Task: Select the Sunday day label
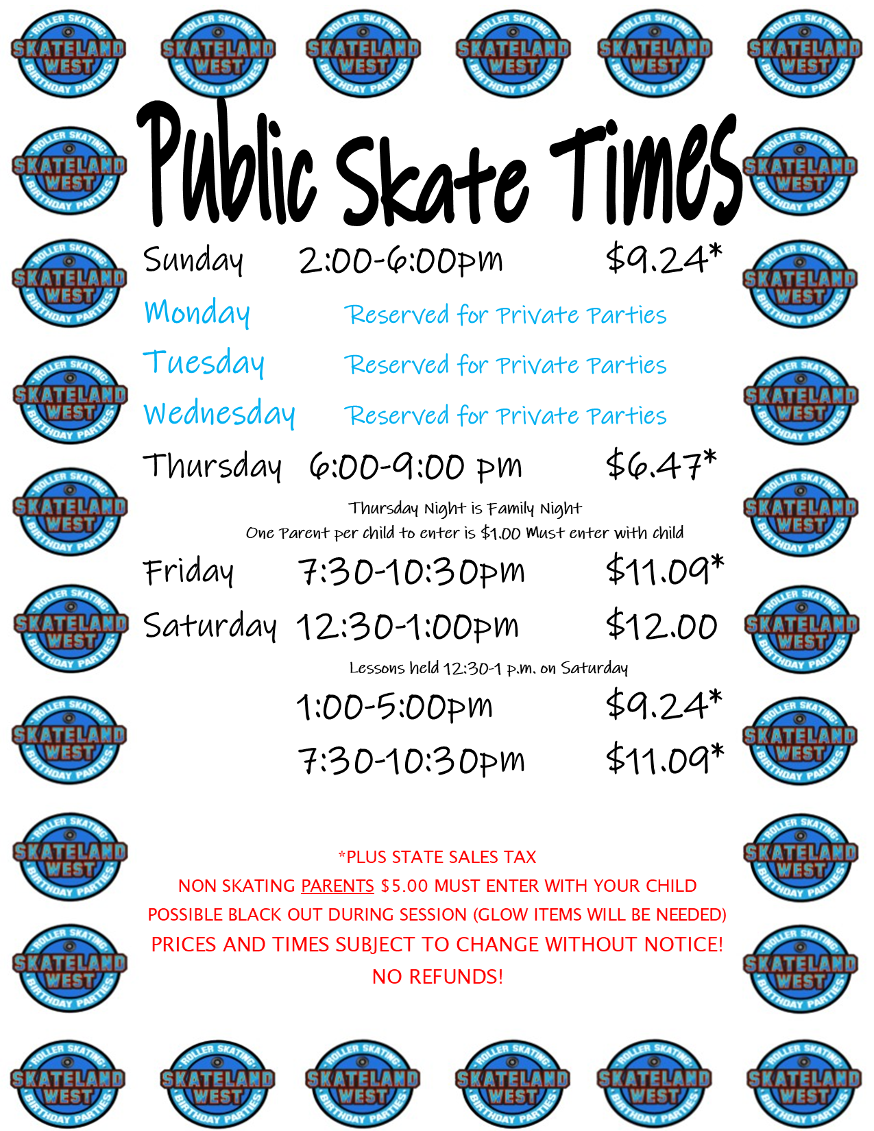(x=193, y=260)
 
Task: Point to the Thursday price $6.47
(x=661, y=464)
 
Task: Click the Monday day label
(x=197, y=313)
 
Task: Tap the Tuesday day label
(x=204, y=363)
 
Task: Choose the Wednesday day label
(x=219, y=413)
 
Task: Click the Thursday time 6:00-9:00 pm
(x=415, y=466)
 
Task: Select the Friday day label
(x=189, y=572)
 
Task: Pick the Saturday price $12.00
(x=661, y=624)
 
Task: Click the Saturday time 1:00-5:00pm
(x=394, y=707)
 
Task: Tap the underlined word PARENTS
(x=337, y=886)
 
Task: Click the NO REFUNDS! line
(x=438, y=977)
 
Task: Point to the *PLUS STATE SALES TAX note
(x=437, y=857)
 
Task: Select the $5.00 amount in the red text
(x=404, y=886)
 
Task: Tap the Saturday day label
(x=210, y=626)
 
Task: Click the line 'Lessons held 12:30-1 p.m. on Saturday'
(x=489, y=668)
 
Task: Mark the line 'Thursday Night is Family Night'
(x=465, y=508)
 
